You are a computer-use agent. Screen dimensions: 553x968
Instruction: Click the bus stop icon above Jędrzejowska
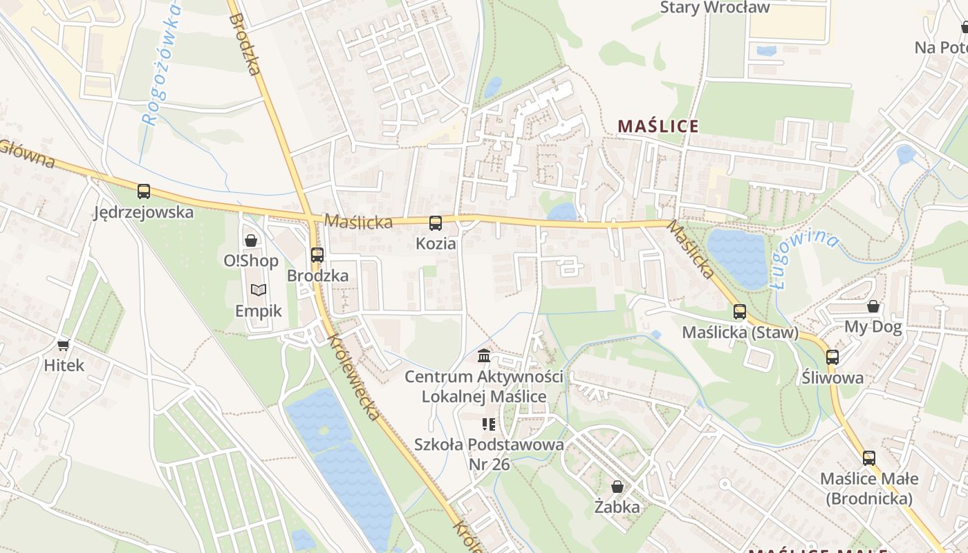[x=144, y=191]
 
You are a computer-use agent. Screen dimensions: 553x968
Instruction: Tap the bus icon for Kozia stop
[x=436, y=223]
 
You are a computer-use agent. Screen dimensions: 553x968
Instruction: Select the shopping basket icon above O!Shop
[x=251, y=241]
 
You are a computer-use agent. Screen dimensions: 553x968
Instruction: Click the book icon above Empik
[x=259, y=290]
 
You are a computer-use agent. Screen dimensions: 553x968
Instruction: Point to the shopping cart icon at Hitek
[x=64, y=345]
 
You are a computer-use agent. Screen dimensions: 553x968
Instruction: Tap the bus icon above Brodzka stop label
[x=317, y=255]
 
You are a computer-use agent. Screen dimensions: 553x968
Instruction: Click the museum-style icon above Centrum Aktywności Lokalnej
[x=484, y=357]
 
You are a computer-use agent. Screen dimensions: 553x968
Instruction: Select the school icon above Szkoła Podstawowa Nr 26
[x=489, y=424]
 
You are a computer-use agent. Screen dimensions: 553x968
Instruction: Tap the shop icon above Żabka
[x=617, y=487]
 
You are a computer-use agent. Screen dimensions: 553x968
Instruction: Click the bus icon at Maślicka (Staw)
[x=740, y=312]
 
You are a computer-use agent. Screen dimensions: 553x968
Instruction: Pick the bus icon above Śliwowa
[x=832, y=357]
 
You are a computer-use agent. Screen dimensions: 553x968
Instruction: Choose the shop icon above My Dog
[x=873, y=306]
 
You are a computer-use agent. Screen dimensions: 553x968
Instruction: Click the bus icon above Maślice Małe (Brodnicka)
[x=869, y=458]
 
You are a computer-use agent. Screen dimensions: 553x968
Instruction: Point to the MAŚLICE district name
[x=658, y=126]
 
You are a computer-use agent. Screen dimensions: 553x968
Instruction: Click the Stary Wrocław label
[x=715, y=8]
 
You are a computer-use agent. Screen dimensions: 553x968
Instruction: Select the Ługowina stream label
[x=805, y=258]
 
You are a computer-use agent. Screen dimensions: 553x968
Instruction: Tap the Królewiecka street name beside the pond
[x=353, y=377]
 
